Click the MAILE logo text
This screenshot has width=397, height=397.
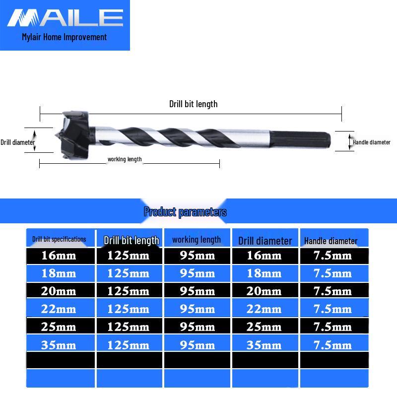(65, 18)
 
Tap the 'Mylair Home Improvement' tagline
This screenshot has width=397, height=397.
(65, 37)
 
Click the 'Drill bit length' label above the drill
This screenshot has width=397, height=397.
(193, 104)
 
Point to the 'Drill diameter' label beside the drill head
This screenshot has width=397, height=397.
(18, 142)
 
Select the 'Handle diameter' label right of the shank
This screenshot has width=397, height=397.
(371, 142)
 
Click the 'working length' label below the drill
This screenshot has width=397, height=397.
(125, 159)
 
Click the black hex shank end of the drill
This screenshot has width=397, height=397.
(300, 138)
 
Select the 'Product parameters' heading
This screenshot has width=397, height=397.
(185, 212)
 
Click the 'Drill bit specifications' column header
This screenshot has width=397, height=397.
(59, 239)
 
